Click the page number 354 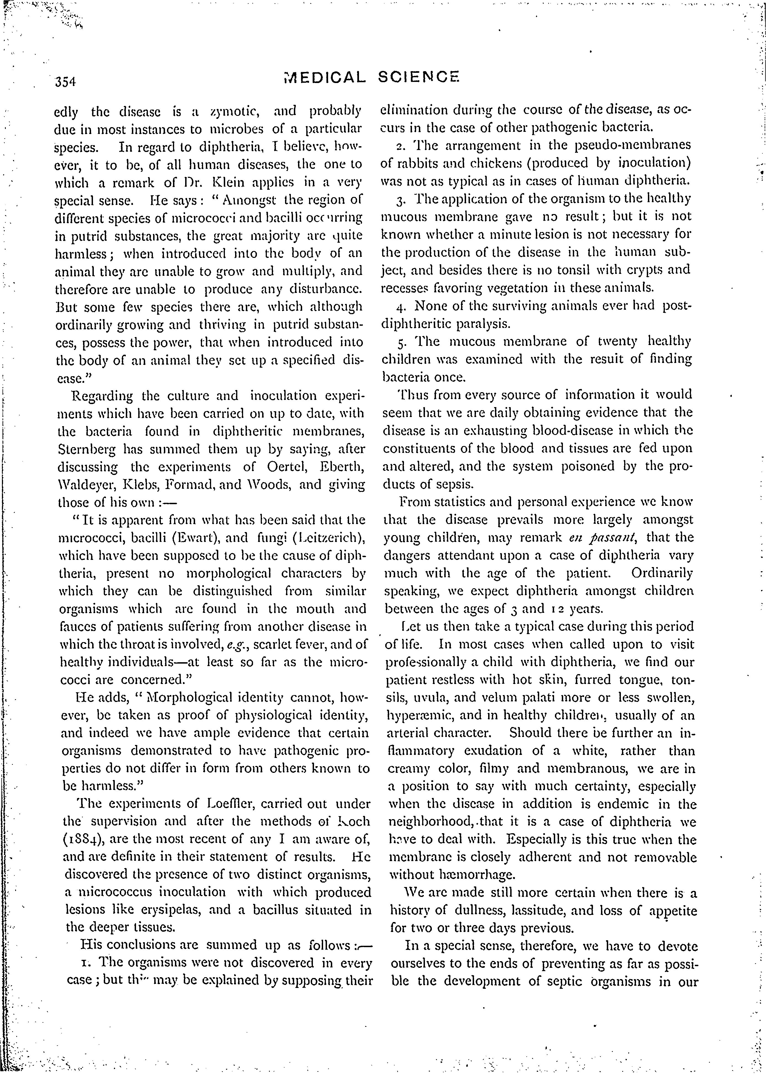[66, 82]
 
